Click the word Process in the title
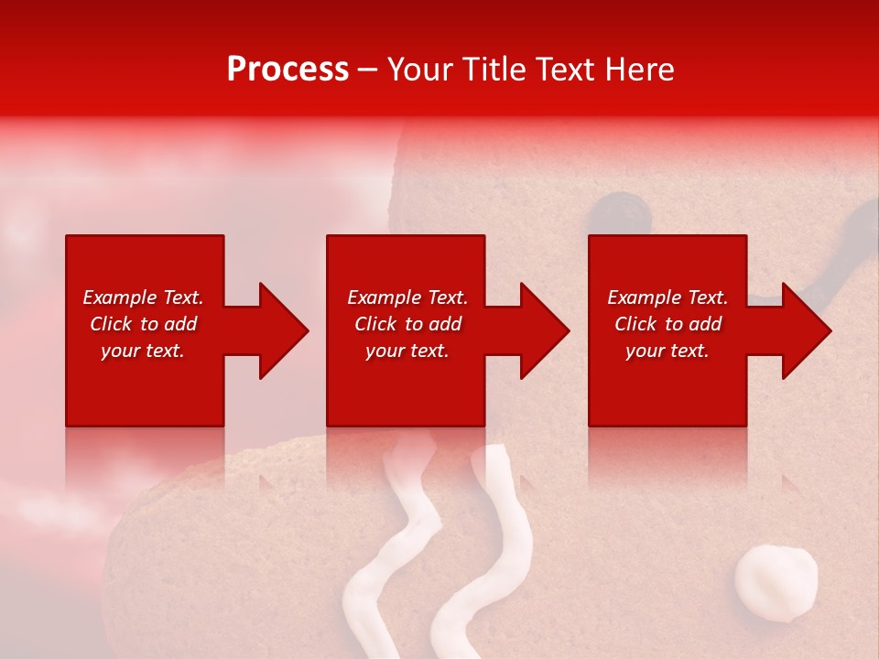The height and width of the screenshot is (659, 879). (x=288, y=70)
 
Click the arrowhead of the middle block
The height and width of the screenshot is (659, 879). (x=543, y=330)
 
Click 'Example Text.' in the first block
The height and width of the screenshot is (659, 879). (x=143, y=297)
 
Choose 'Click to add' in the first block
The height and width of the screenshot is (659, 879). (x=143, y=324)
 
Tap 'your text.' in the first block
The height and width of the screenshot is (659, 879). (x=143, y=351)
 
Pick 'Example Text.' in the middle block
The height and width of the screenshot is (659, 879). (x=407, y=297)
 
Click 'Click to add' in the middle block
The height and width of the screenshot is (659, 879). (x=407, y=324)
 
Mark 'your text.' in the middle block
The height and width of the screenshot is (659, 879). (x=407, y=351)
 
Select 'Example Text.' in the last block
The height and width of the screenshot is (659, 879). (x=667, y=297)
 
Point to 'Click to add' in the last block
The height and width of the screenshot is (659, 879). (x=667, y=324)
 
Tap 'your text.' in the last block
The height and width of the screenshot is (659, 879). (x=667, y=351)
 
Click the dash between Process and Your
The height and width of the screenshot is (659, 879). (x=368, y=70)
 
